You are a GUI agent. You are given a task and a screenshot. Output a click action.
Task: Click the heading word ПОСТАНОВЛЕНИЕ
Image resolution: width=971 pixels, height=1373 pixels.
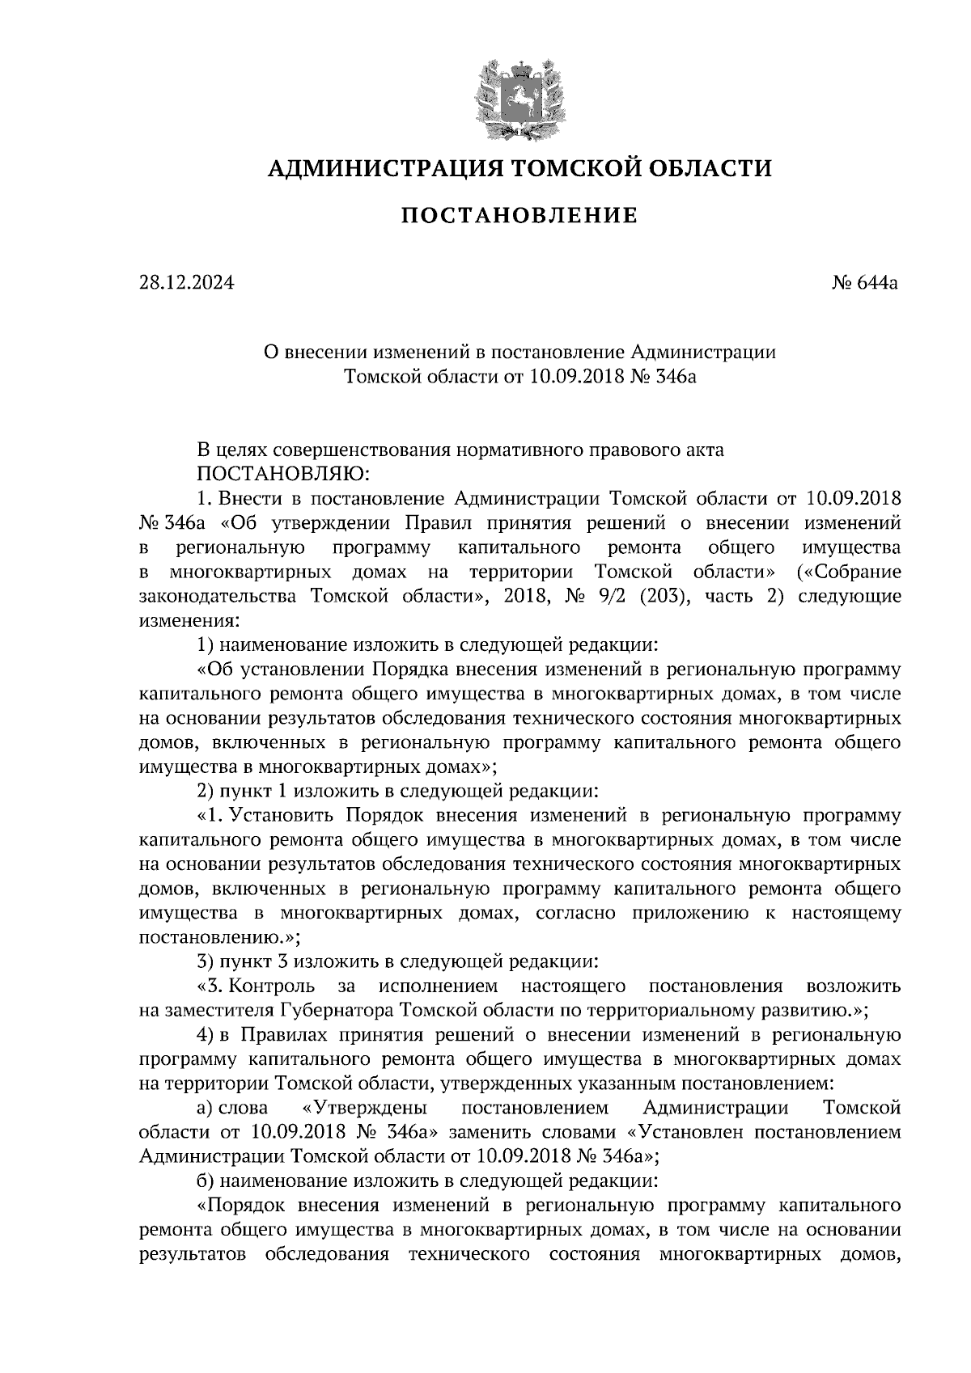coord(519,216)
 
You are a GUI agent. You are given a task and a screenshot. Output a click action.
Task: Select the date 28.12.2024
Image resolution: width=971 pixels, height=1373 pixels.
coord(186,283)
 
